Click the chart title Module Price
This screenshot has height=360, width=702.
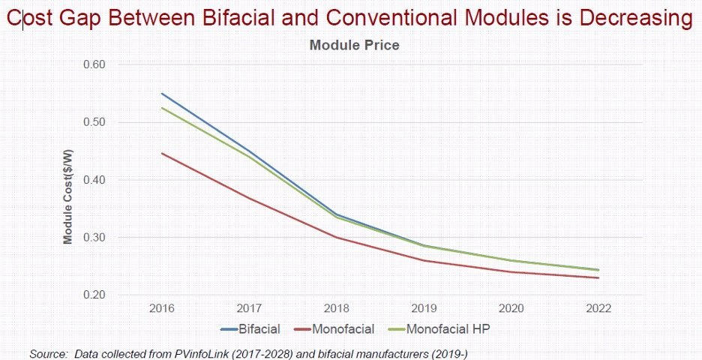[x=354, y=46]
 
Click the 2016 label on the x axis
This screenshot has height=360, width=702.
[x=162, y=308]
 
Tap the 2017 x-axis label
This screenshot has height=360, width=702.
[x=249, y=308]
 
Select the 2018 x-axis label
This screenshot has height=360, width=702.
[x=337, y=308]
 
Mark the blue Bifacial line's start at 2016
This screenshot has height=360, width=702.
[x=162, y=94]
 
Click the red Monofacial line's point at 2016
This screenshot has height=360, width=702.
[x=162, y=153]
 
